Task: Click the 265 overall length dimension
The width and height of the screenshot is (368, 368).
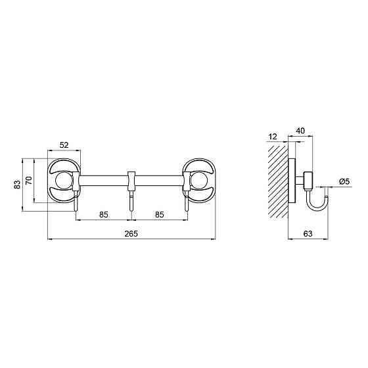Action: pyautogui.click(x=131, y=234)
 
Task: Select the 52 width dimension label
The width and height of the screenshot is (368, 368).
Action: pyautogui.click(x=64, y=145)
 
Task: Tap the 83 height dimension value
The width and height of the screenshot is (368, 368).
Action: pyautogui.click(x=17, y=185)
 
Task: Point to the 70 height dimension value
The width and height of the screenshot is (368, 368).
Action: pyautogui.click(x=29, y=181)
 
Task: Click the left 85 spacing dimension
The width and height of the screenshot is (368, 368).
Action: pyautogui.click(x=104, y=214)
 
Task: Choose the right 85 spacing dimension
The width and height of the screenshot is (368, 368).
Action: pyautogui.click(x=159, y=214)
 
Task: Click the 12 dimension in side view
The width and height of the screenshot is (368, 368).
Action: pyautogui.click(x=273, y=137)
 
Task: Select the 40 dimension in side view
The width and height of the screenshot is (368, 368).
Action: pyautogui.click(x=300, y=131)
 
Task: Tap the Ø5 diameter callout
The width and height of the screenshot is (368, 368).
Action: pyautogui.click(x=344, y=181)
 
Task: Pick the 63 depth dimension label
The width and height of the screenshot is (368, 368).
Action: pyautogui.click(x=308, y=233)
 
